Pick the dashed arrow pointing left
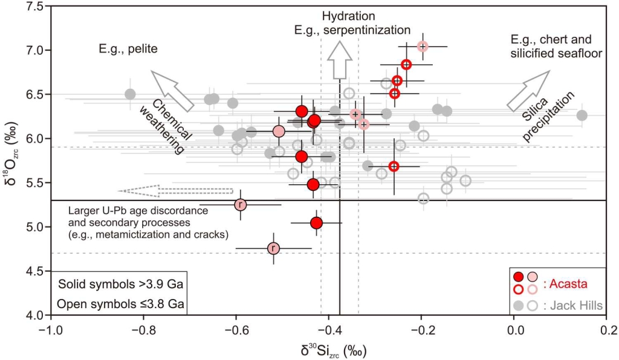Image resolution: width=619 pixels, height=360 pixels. [175, 191]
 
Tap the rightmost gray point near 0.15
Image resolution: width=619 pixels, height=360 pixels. [582, 115]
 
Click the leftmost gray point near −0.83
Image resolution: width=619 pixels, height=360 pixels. [130, 94]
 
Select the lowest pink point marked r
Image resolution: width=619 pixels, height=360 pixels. [273, 248]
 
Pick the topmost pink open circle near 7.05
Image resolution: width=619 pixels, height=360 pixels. [423, 46]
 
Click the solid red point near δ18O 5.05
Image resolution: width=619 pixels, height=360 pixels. [316, 223]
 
